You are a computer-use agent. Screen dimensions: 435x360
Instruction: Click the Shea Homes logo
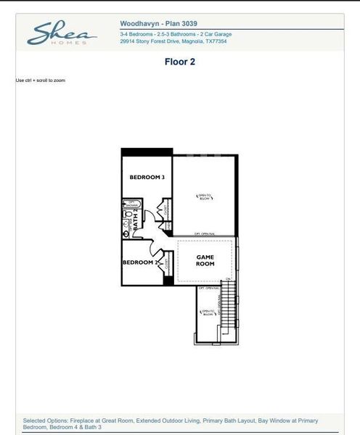(62, 34)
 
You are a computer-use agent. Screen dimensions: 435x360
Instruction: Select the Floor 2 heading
(179, 62)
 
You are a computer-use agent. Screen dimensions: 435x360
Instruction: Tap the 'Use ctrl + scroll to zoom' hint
(40, 80)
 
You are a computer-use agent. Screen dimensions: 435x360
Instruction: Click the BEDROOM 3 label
(147, 178)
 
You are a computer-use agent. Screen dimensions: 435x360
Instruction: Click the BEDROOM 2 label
(139, 262)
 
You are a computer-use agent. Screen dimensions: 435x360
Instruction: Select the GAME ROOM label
(205, 260)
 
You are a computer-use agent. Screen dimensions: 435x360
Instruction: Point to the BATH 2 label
(136, 219)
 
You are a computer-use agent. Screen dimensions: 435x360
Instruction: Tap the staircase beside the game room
(229, 304)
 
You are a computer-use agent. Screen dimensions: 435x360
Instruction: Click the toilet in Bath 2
(128, 216)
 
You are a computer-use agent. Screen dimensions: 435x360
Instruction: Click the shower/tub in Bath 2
(131, 204)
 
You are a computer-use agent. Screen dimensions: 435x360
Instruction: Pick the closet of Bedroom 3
(165, 210)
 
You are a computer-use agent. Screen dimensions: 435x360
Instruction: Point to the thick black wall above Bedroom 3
(147, 152)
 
